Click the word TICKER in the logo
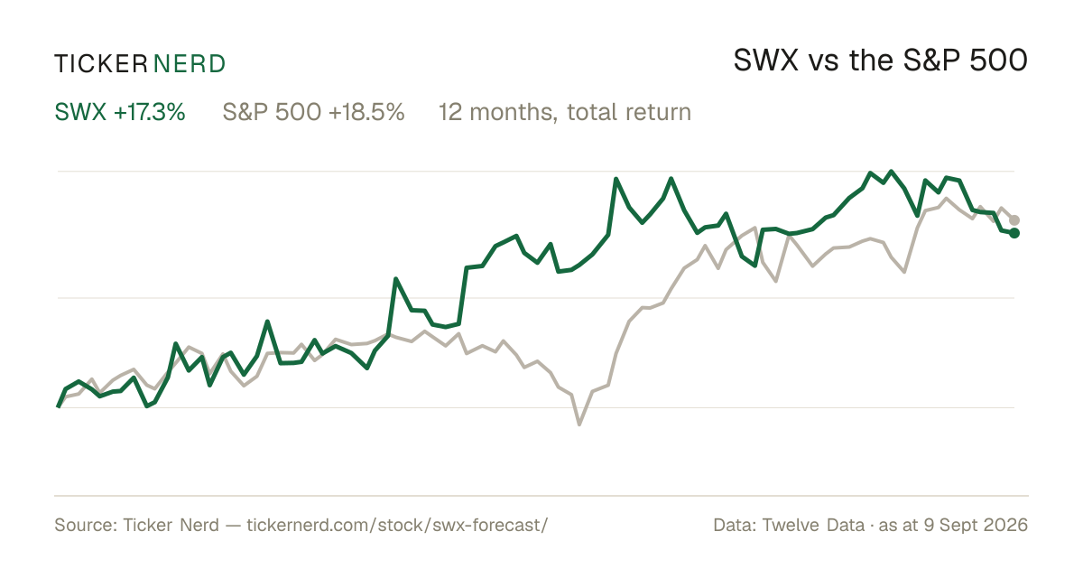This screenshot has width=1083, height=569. point(101,64)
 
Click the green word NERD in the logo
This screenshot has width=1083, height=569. point(189,64)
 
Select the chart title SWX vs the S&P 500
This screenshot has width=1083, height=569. point(881,61)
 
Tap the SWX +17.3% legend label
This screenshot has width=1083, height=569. point(120,112)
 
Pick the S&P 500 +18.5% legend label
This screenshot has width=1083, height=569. point(313,112)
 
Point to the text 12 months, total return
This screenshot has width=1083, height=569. point(565,113)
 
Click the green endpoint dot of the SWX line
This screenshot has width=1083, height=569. point(1014,233)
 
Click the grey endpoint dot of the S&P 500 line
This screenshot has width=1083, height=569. point(1014,220)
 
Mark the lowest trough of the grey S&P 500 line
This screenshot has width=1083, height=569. point(579,424)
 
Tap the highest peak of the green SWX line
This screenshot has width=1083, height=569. point(891,172)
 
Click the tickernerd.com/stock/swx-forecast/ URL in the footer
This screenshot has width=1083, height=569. point(397,525)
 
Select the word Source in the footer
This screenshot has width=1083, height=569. point(83,525)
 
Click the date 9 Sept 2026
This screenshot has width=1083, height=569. point(976,525)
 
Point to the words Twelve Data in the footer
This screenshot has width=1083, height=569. point(813,525)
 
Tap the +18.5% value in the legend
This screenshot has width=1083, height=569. point(366,112)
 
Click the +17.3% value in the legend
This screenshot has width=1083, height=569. point(150,112)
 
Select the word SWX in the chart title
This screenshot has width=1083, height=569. point(766,61)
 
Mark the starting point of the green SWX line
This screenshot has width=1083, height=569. point(58,406)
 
